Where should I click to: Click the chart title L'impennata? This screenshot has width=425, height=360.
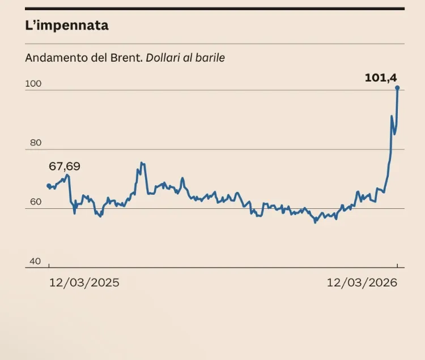click(67, 25)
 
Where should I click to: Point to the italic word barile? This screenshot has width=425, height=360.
click(211, 58)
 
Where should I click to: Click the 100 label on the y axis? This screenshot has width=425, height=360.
click(33, 84)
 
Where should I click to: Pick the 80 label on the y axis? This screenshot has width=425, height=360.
click(36, 143)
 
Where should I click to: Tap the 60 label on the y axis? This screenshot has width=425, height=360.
click(36, 202)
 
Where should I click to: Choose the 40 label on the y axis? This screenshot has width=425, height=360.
click(36, 261)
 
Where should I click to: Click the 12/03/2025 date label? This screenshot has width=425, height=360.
click(84, 282)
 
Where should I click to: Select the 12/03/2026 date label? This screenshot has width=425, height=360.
click(362, 282)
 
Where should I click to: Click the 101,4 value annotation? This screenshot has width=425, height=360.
click(380, 78)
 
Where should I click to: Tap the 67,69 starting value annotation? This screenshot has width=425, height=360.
click(65, 167)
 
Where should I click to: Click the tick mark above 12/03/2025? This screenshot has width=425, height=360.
click(49, 265)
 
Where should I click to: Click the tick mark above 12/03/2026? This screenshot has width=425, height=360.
click(397, 265)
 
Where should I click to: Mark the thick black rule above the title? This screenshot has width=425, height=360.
click(215, 8)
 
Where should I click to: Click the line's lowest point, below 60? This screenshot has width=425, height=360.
click(315, 222)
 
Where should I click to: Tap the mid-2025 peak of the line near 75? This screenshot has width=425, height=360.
click(141, 163)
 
